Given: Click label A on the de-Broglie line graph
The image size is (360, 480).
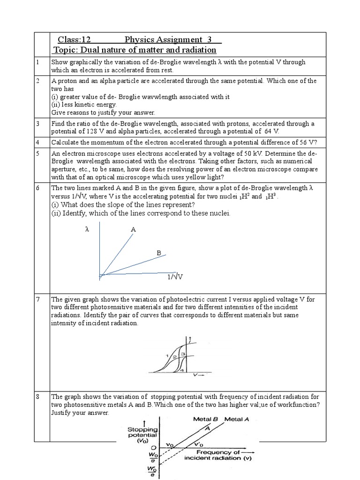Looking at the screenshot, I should (x=133, y=230).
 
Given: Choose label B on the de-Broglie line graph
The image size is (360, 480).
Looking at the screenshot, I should (x=159, y=253).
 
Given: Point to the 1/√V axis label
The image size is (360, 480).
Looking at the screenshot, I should (x=175, y=277).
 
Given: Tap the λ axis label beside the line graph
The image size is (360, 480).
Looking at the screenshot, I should (x=87, y=230).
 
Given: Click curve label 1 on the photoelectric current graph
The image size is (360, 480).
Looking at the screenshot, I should (x=167, y=355).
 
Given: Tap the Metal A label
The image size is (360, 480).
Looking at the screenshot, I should (x=237, y=419).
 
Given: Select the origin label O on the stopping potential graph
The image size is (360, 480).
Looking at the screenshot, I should (x=154, y=448).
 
